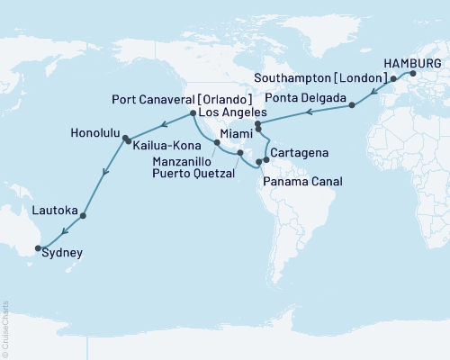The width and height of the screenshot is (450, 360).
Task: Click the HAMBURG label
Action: point(412,63)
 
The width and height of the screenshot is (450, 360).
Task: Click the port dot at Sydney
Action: point(38,247)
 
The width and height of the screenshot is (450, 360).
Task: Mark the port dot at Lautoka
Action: point(83,216)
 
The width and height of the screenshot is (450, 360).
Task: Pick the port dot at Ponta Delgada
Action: point(352,105)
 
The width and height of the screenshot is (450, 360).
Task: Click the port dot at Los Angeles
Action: point(194,113)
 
